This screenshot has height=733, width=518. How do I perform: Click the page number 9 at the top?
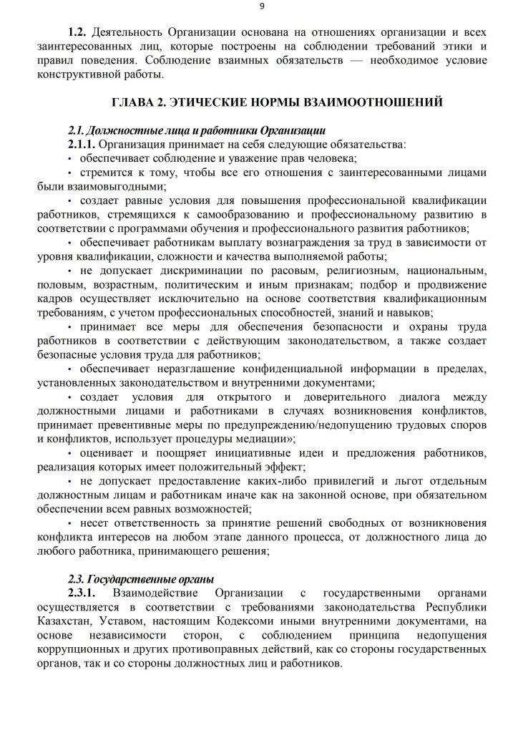(x=261, y=6)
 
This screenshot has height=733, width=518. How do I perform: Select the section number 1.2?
(x=77, y=34)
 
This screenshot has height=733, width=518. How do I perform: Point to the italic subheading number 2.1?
(x=77, y=131)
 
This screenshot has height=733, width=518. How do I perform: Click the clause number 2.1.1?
(x=82, y=145)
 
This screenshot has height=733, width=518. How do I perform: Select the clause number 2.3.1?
(x=82, y=593)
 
